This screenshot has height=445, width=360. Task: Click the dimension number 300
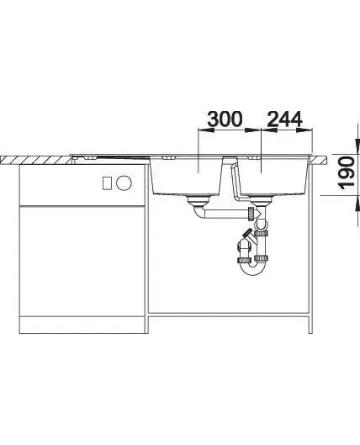click(x=225, y=119)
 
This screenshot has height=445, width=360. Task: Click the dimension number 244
click(x=285, y=119)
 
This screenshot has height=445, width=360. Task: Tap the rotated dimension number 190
click(x=347, y=172)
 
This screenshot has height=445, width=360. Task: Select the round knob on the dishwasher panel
click(x=124, y=183)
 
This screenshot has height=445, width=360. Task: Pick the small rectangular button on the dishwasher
click(x=107, y=183)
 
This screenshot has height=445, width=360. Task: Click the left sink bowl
click(x=186, y=176)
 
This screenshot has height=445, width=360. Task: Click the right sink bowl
click(x=273, y=176)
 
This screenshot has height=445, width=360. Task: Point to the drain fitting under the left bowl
click(x=199, y=200)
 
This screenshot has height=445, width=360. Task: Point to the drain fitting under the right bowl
click(x=261, y=200)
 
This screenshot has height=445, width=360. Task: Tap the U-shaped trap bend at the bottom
click(x=253, y=271)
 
